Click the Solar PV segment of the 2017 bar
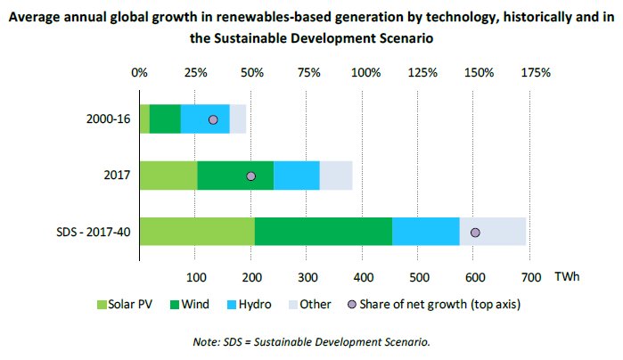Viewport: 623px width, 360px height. point(168,176)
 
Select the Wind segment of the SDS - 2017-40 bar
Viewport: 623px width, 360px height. point(323,231)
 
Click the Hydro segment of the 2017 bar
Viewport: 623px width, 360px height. point(296,176)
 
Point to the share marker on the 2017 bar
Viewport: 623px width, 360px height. point(250,176)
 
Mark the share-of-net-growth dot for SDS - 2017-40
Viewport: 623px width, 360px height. point(475,232)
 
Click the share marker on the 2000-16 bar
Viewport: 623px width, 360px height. point(213,119)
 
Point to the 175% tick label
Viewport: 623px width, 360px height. point(535,72)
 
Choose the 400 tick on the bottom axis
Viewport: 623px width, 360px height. point(364,274)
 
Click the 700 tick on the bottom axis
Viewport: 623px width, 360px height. point(530,274)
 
